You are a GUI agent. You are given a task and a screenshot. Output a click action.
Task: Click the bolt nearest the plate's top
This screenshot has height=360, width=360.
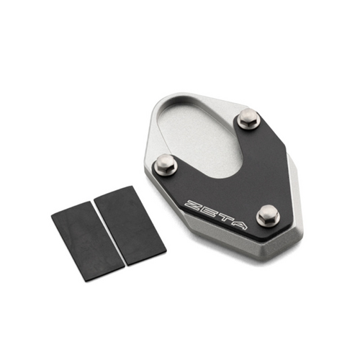tap(248, 118)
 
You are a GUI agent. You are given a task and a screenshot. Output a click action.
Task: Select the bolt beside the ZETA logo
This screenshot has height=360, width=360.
tap(267, 214)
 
